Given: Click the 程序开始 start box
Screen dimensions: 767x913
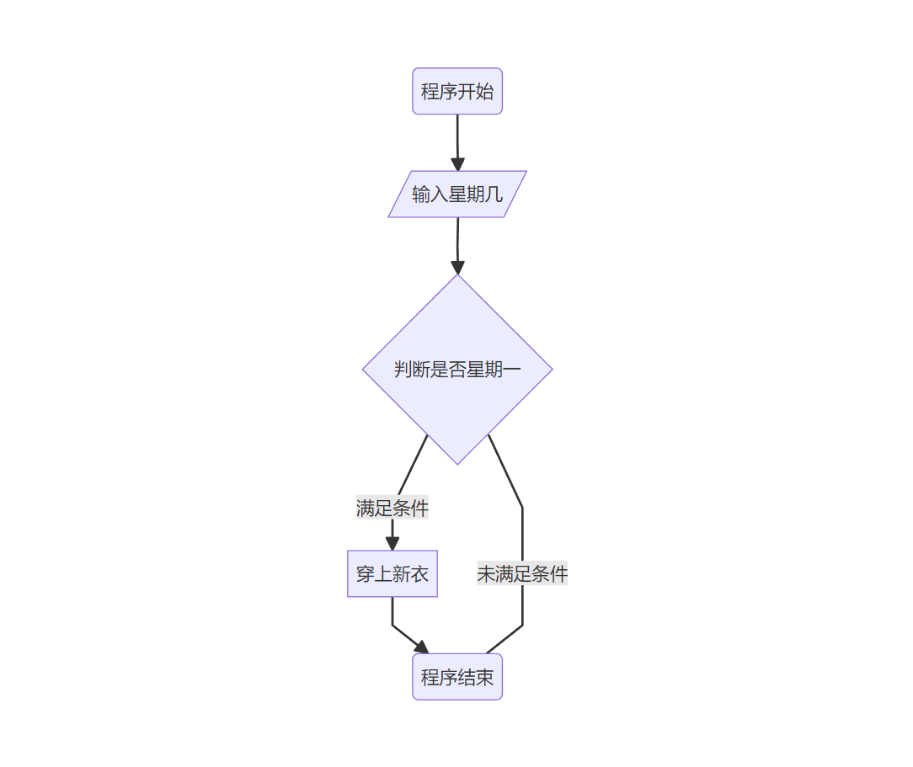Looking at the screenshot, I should tap(457, 91).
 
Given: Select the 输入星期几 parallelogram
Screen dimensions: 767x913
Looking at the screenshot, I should tap(457, 194).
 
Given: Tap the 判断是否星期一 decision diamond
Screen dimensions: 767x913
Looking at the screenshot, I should tap(457, 369).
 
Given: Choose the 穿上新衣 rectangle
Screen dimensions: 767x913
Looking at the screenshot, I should tap(392, 574).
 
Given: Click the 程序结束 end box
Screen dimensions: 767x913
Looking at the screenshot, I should tap(457, 677).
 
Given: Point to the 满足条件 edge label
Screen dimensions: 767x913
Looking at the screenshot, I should tap(392, 509).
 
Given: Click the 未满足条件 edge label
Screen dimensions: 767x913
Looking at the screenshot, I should tap(522, 574).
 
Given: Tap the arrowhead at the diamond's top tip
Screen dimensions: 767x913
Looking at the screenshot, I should tap(457, 268).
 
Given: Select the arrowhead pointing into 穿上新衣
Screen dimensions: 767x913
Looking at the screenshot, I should tap(392, 543).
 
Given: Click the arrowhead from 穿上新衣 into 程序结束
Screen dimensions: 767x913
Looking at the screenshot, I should tap(420, 647).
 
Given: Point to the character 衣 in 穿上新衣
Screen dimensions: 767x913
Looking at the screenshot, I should tap(419, 574).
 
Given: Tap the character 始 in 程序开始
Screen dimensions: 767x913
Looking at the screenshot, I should tap(485, 91).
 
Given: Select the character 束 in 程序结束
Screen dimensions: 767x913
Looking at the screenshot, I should tap(485, 677).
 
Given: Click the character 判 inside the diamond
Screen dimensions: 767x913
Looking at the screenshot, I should tap(403, 369).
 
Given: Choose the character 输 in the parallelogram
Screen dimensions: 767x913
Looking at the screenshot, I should tap(421, 194).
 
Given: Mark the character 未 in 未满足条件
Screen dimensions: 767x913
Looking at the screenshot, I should tap(486, 574).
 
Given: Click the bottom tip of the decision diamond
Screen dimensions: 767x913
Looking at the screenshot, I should tap(457, 462).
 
